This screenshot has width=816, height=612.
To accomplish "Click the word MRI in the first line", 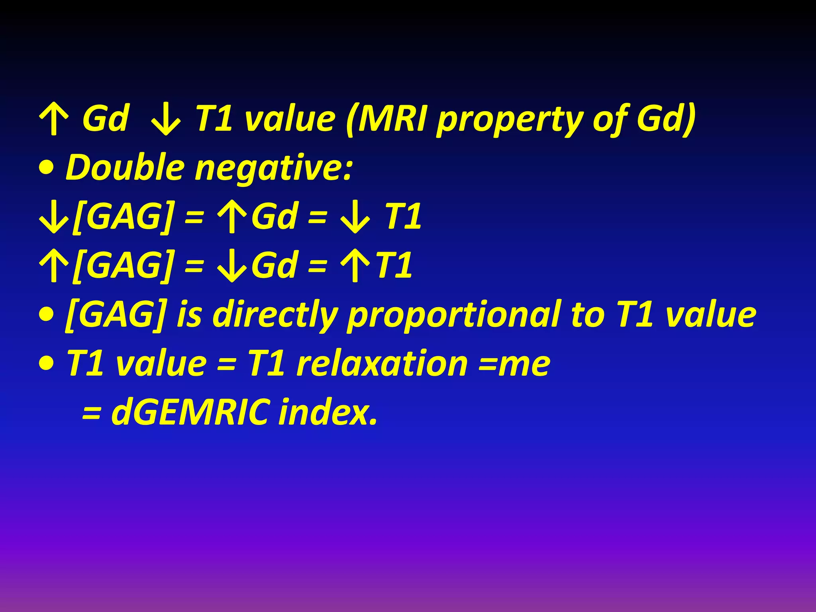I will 392,118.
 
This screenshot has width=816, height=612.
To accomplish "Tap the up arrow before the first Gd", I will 54,119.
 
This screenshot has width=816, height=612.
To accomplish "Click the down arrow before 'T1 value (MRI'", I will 166,119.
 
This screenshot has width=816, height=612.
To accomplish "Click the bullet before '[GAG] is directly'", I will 47,315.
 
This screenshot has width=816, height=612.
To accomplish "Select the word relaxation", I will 382,363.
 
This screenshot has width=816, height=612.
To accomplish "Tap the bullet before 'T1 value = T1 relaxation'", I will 47,363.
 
